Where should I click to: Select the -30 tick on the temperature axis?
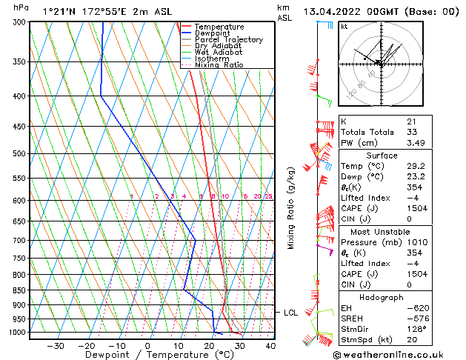(55, 346)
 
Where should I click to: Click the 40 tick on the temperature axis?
(270, 346)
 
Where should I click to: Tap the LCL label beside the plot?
(291, 313)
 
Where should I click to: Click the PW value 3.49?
(415, 143)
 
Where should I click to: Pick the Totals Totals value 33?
(411, 132)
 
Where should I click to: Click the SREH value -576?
(417, 318)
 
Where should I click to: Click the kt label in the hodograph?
(344, 27)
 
